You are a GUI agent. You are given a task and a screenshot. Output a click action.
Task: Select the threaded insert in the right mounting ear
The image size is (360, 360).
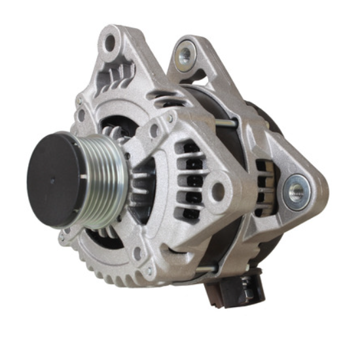click(x=297, y=191)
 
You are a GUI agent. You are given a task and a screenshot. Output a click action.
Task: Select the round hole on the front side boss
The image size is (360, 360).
click(x=219, y=191)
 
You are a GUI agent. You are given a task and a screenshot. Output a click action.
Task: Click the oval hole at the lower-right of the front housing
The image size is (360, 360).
click(x=138, y=251)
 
